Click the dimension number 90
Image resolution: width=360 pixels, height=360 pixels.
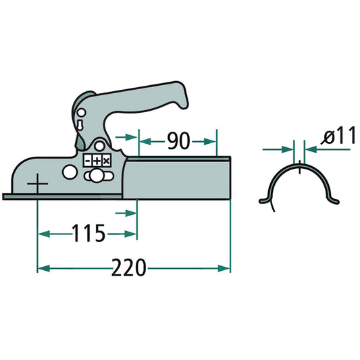[177, 141]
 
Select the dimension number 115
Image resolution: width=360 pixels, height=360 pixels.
[89, 234]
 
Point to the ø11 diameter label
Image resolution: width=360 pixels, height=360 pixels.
[338, 136]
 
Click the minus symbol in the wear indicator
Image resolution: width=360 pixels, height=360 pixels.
[88, 161]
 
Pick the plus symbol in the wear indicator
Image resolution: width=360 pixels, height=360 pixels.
[97, 161]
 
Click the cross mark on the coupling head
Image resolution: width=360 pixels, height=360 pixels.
[38, 183]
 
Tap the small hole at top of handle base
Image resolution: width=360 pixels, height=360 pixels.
[81, 112]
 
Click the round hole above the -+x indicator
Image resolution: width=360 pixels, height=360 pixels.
[99, 146]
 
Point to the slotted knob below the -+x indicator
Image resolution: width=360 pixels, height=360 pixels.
[99, 176]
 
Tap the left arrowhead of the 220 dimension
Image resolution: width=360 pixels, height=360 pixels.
[42, 268]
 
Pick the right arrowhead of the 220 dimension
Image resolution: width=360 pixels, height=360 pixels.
[226, 268]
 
